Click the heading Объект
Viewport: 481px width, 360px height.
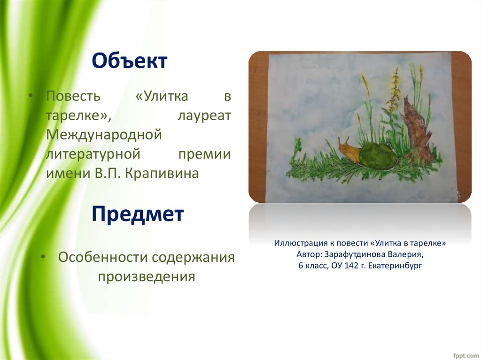coord(130,61)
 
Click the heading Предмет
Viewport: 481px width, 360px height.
coord(138,214)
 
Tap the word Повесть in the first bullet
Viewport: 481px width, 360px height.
coord(73,96)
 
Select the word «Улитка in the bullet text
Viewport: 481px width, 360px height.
coord(162,96)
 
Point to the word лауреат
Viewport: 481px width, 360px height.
coord(204,115)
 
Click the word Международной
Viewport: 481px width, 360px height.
coord(104,135)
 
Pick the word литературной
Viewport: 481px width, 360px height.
coord(93,154)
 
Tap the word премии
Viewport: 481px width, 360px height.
coord(205,154)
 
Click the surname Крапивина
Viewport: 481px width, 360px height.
coord(162,174)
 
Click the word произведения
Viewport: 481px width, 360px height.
coord(147,276)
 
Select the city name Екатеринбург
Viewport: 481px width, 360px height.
coord(395,266)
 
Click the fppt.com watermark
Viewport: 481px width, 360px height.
coord(465,356)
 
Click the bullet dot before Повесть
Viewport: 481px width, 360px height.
coord(30,96)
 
